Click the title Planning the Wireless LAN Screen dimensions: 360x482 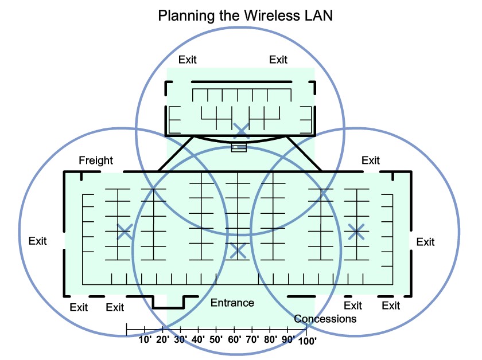pyautogui.click(x=245, y=15)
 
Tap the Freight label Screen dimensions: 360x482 pyautogui.click(x=96, y=161)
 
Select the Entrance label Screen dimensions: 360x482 pyautogui.click(x=232, y=303)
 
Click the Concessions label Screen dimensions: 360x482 pyautogui.click(x=325, y=319)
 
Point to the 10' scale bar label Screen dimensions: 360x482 pyautogui.click(x=145, y=339)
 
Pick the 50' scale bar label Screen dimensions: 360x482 pyautogui.click(x=216, y=339)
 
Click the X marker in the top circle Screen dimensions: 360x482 pyautogui.click(x=241, y=130)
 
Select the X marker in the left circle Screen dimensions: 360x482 pyautogui.click(x=125, y=232)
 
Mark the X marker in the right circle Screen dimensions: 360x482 pyautogui.click(x=356, y=232)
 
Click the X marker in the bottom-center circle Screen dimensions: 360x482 pyautogui.click(x=238, y=250)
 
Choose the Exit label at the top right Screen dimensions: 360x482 pyautogui.click(x=278, y=60)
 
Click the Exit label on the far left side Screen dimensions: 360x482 pyautogui.click(x=37, y=241)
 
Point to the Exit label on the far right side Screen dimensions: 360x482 pyautogui.click(x=425, y=242)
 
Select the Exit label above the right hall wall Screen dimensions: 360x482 pyautogui.click(x=370, y=161)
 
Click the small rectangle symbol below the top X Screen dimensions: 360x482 pyautogui.click(x=239, y=148)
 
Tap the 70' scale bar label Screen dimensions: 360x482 pyautogui.click(x=251, y=339)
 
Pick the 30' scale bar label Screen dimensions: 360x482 pyautogui.click(x=181, y=339)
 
